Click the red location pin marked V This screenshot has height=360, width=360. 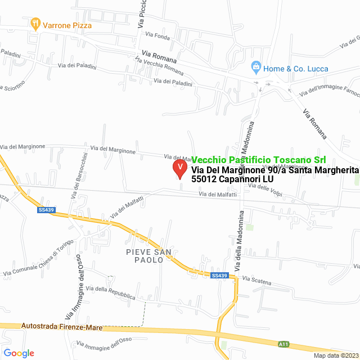[x=179, y=168]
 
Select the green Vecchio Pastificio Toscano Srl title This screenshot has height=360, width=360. [x=259, y=160]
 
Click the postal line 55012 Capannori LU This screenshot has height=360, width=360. [x=232, y=179]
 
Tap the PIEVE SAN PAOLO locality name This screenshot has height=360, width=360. [x=145, y=256]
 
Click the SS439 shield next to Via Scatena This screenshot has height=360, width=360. [x=219, y=276]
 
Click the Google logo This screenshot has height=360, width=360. [x=19, y=353]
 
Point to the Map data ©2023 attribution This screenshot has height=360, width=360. [x=335, y=355]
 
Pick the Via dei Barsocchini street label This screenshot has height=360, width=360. [x=78, y=174]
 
